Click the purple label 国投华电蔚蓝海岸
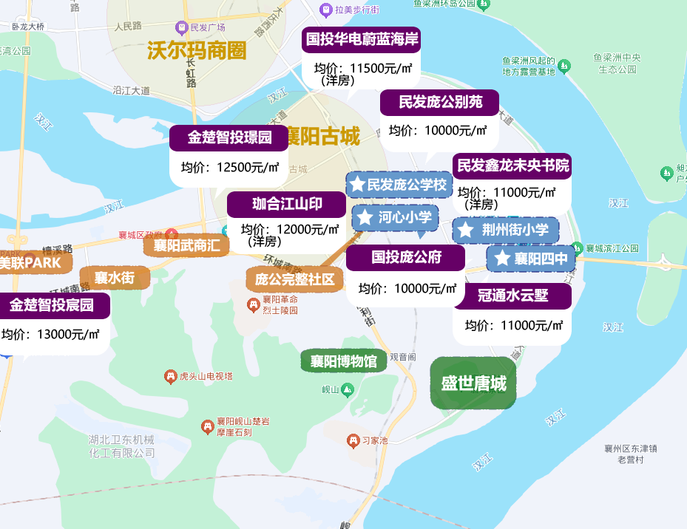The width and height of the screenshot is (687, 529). pos(362,40)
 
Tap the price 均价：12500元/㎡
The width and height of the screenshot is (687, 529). pos(229,168)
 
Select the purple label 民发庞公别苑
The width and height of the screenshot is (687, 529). pos(439,103)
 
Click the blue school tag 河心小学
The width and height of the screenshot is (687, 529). pos(396,217)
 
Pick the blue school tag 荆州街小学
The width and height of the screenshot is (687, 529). pos(506,230)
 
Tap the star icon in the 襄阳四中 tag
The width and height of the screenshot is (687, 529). pos(502,259)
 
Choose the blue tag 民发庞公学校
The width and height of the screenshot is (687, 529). pos(399,184)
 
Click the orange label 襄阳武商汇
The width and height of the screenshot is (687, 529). pos(186,245)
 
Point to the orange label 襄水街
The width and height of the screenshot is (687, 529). pos(114,278)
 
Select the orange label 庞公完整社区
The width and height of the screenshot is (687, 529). pos(294,279)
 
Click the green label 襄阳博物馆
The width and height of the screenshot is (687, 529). pos(344,361)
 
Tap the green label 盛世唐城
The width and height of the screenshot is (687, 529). pos(473,383)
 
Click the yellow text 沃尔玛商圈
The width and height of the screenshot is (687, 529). pos(196,50)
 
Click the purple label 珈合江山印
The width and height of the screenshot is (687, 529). pos(286,205)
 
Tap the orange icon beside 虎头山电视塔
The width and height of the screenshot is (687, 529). pos(171,376)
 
